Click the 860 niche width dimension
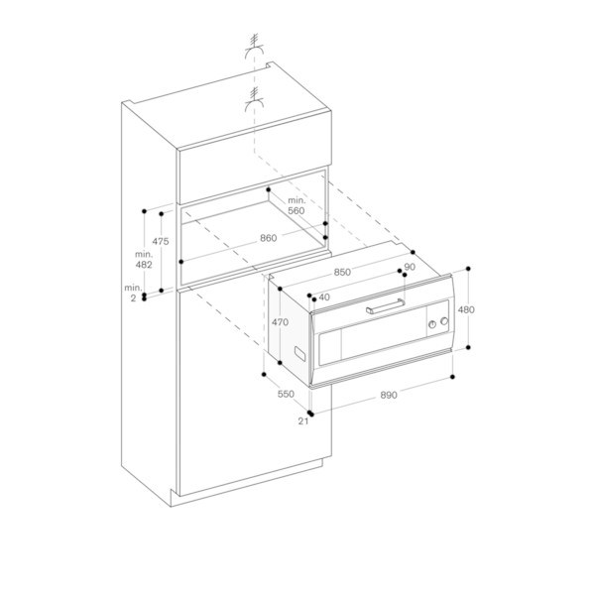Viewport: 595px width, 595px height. pyautogui.click(x=269, y=238)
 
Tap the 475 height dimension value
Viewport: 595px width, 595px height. pyautogui.click(x=161, y=241)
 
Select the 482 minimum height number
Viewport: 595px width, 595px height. pyautogui.click(x=144, y=265)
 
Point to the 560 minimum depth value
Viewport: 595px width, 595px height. pyautogui.click(x=297, y=211)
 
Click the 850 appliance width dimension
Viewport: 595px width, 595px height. pyautogui.click(x=342, y=273)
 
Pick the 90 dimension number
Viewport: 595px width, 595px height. pyautogui.click(x=411, y=267)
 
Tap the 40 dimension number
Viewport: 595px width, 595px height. pyautogui.click(x=324, y=297)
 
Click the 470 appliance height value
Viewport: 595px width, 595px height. pyautogui.click(x=280, y=322)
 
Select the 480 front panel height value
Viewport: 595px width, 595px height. pyautogui.click(x=466, y=310)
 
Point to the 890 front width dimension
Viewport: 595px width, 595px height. pyautogui.click(x=389, y=396)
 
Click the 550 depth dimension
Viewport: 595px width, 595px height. pyautogui.click(x=286, y=395)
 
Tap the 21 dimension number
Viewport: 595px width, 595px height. pyautogui.click(x=303, y=421)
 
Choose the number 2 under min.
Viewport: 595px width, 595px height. pyautogui.click(x=133, y=298)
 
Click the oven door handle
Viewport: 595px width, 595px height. pyautogui.click(x=386, y=306)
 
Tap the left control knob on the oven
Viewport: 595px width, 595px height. pyautogui.click(x=432, y=324)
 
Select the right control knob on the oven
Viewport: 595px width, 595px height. pyautogui.click(x=444, y=321)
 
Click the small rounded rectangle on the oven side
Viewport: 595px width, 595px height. pyautogui.click(x=300, y=353)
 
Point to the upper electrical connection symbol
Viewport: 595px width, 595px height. pyautogui.click(x=255, y=47)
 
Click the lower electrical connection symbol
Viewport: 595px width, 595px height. pyautogui.click(x=255, y=100)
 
